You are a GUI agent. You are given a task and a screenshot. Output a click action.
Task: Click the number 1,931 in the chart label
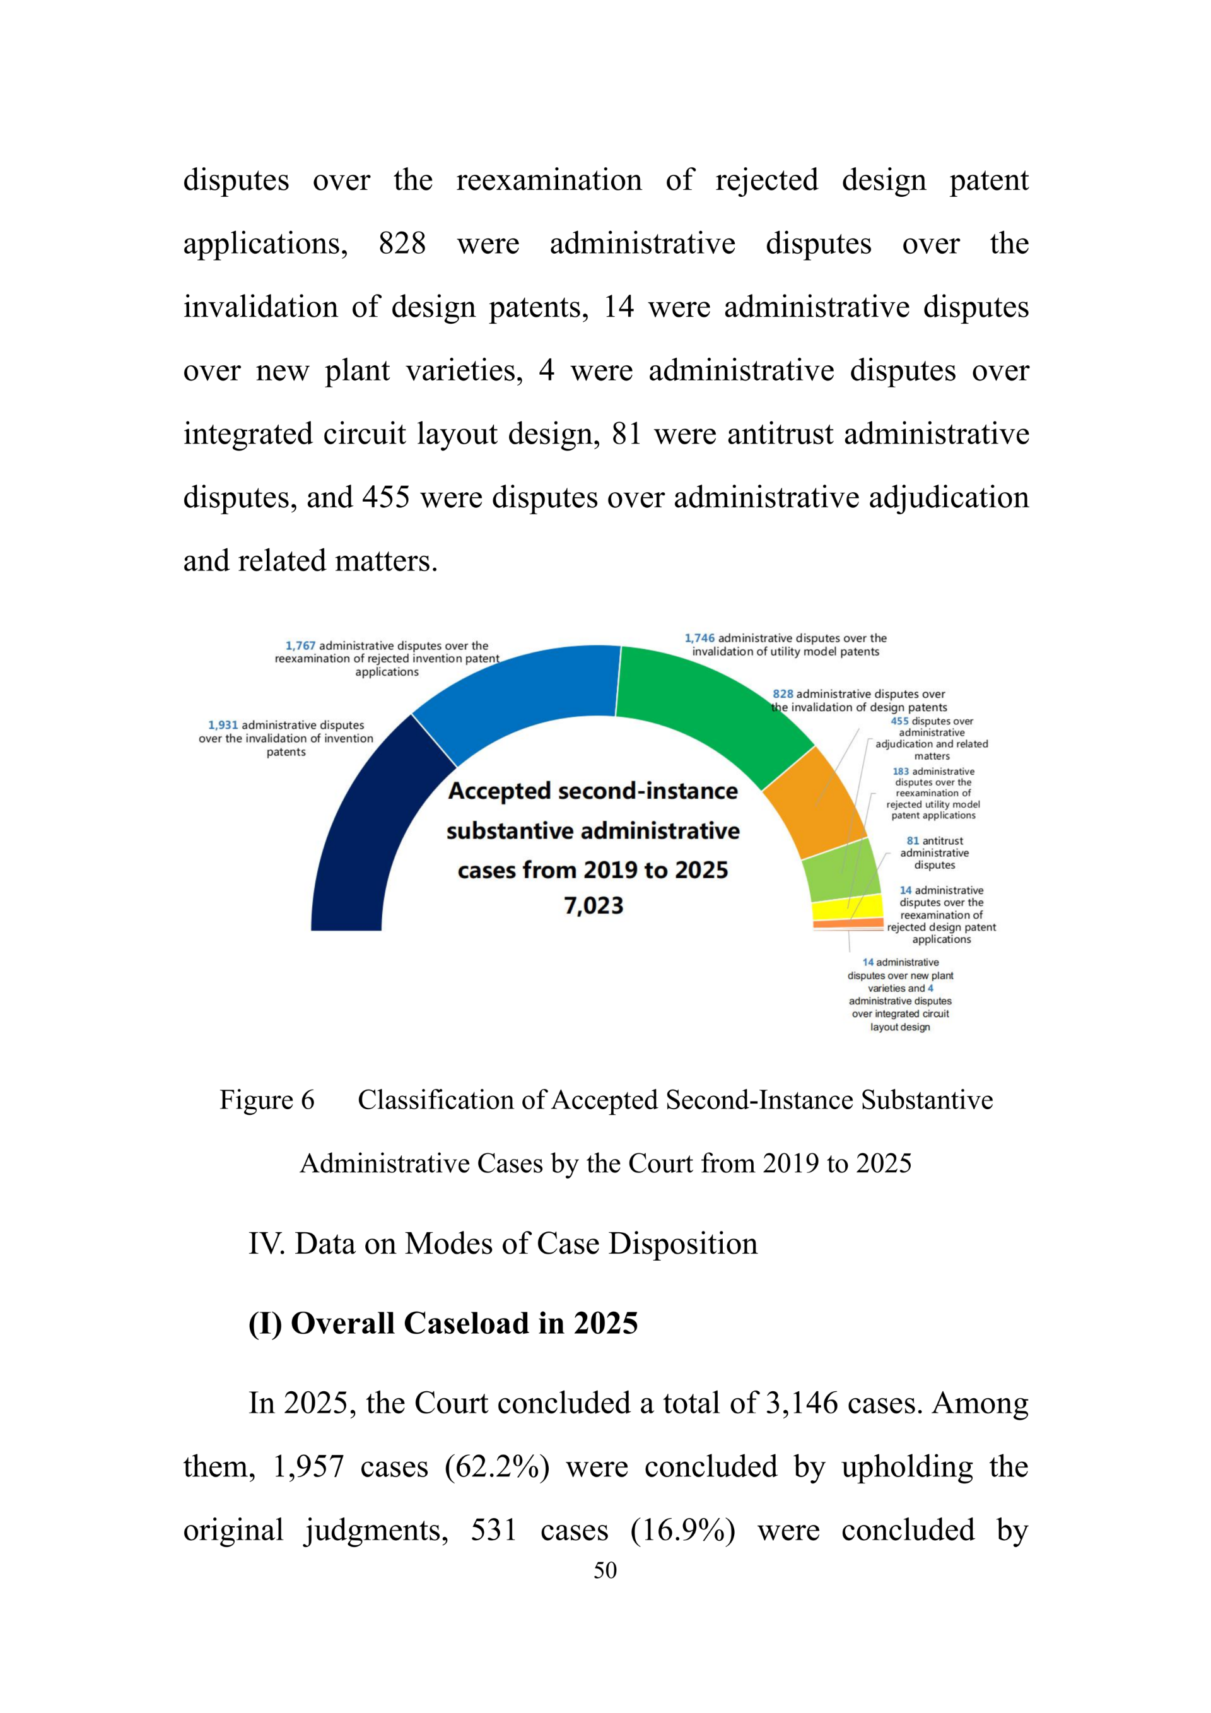223,725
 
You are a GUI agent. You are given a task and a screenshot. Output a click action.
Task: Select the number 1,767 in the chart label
300,646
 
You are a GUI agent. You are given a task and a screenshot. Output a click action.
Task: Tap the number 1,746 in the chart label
699,639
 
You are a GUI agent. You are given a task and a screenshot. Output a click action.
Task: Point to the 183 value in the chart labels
901,772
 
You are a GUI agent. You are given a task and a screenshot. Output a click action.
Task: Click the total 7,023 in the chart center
594,906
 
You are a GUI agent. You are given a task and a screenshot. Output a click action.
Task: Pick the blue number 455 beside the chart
899,721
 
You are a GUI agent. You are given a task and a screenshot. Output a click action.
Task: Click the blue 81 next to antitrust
913,841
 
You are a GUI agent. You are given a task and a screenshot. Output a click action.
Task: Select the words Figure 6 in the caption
267,1100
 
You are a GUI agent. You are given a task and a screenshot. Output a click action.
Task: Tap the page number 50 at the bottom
605,1570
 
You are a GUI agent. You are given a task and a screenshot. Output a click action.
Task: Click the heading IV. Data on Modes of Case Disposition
503,1244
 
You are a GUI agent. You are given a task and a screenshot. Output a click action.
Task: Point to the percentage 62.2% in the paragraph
498,1467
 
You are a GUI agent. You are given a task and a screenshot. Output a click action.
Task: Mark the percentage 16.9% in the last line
683,1530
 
